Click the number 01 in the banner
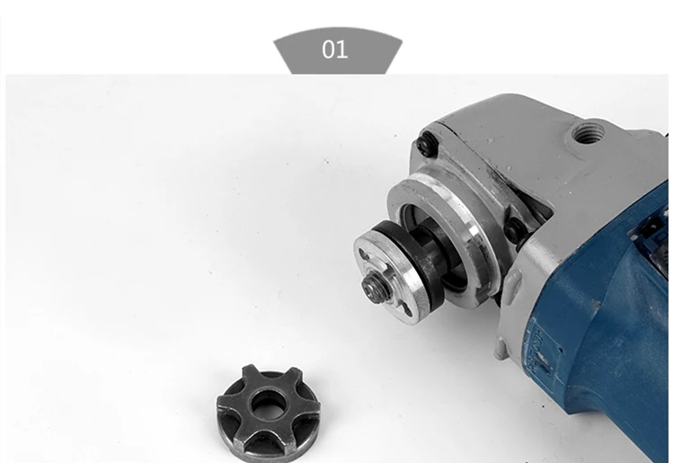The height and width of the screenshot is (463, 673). click(x=334, y=49)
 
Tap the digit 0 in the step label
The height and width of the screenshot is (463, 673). click(x=328, y=49)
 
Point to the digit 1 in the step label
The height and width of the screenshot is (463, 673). click(x=341, y=49)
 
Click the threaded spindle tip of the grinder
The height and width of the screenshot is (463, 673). click(x=369, y=284)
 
